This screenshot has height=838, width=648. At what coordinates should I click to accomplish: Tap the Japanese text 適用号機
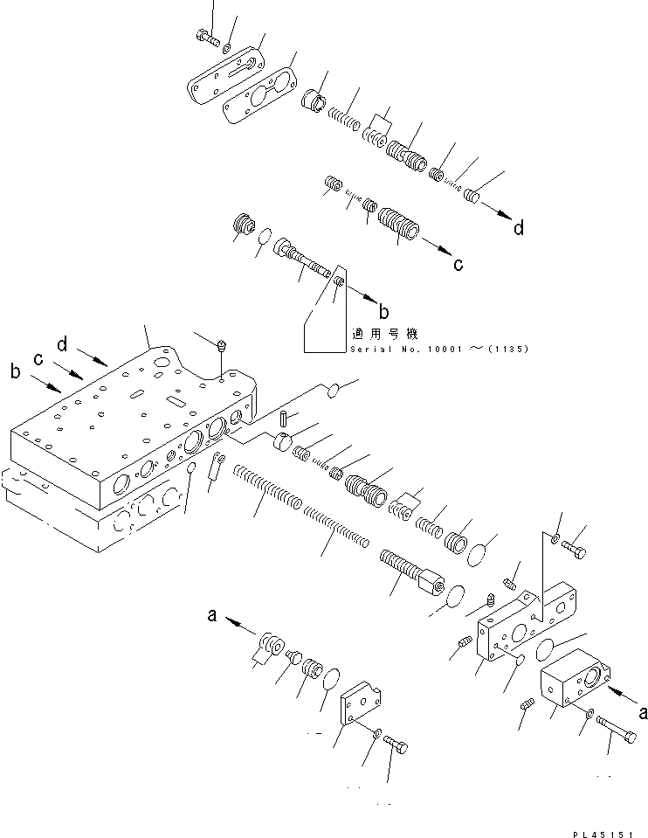(384, 334)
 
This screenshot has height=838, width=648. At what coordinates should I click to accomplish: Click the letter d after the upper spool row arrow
(519, 228)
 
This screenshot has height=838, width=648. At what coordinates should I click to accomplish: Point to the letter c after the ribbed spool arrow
(458, 265)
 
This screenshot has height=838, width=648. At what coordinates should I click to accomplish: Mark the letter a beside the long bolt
(643, 712)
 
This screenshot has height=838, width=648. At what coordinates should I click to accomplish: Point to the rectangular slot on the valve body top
(174, 402)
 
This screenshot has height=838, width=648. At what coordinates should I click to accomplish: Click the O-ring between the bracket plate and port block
(546, 648)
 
